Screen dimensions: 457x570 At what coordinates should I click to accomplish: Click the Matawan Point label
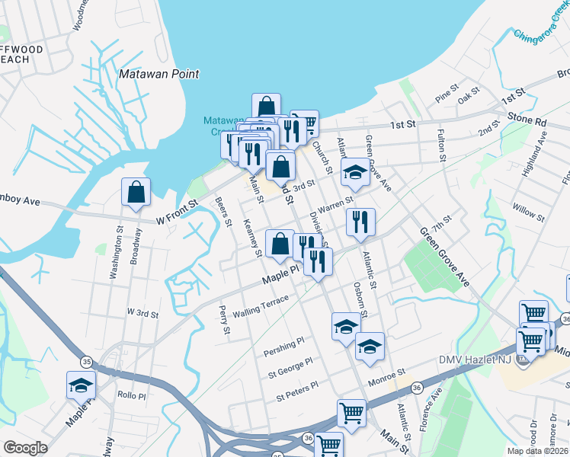(159, 75)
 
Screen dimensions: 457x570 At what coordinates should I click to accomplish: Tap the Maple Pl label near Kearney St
(279, 280)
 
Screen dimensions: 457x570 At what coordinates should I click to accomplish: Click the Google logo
(25, 448)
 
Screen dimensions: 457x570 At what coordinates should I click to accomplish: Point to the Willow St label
(528, 212)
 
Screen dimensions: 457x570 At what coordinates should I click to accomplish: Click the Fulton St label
(440, 145)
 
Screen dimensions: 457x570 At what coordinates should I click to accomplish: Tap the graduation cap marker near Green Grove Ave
(354, 172)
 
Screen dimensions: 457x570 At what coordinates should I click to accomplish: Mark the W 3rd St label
(142, 313)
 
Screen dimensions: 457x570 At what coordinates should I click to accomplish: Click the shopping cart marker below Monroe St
(351, 414)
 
